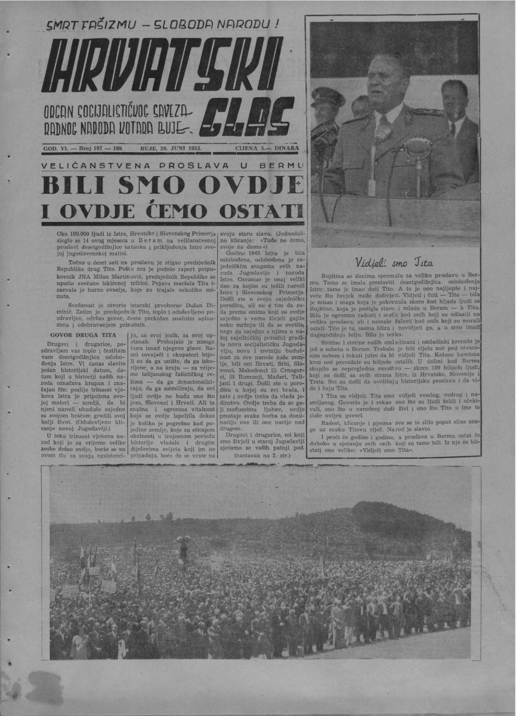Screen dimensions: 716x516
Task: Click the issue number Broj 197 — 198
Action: (x=100, y=147)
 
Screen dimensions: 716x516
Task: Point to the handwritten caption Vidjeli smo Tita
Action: (x=394, y=261)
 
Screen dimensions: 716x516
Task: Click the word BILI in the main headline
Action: (x=72, y=185)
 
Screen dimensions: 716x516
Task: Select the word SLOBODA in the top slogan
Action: (x=190, y=26)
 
